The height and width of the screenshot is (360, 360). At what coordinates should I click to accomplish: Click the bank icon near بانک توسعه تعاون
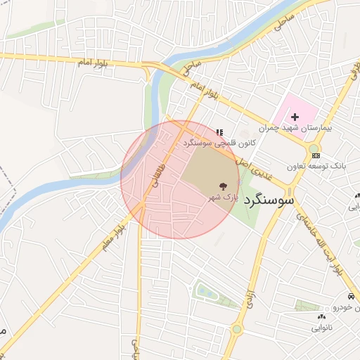coord(316,155)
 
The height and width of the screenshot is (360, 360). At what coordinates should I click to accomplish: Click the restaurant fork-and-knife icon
coord(219,131)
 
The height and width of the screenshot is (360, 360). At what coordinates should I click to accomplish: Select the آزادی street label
coord(250,300)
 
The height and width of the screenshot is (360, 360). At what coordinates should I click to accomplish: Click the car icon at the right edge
coord(350,297)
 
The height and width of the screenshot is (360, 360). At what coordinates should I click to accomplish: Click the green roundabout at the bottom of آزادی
coord(236,328)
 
